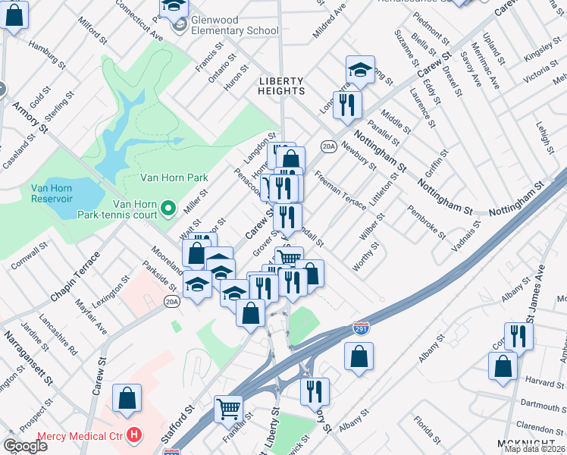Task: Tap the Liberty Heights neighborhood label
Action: [281, 86]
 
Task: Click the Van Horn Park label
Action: [174, 178]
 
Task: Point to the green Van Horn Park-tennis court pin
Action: [168, 206]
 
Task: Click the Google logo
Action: [25, 446]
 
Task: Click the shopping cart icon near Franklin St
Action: [228, 409]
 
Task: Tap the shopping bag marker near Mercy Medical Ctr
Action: [127, 397]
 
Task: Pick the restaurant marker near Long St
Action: [347, 104]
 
